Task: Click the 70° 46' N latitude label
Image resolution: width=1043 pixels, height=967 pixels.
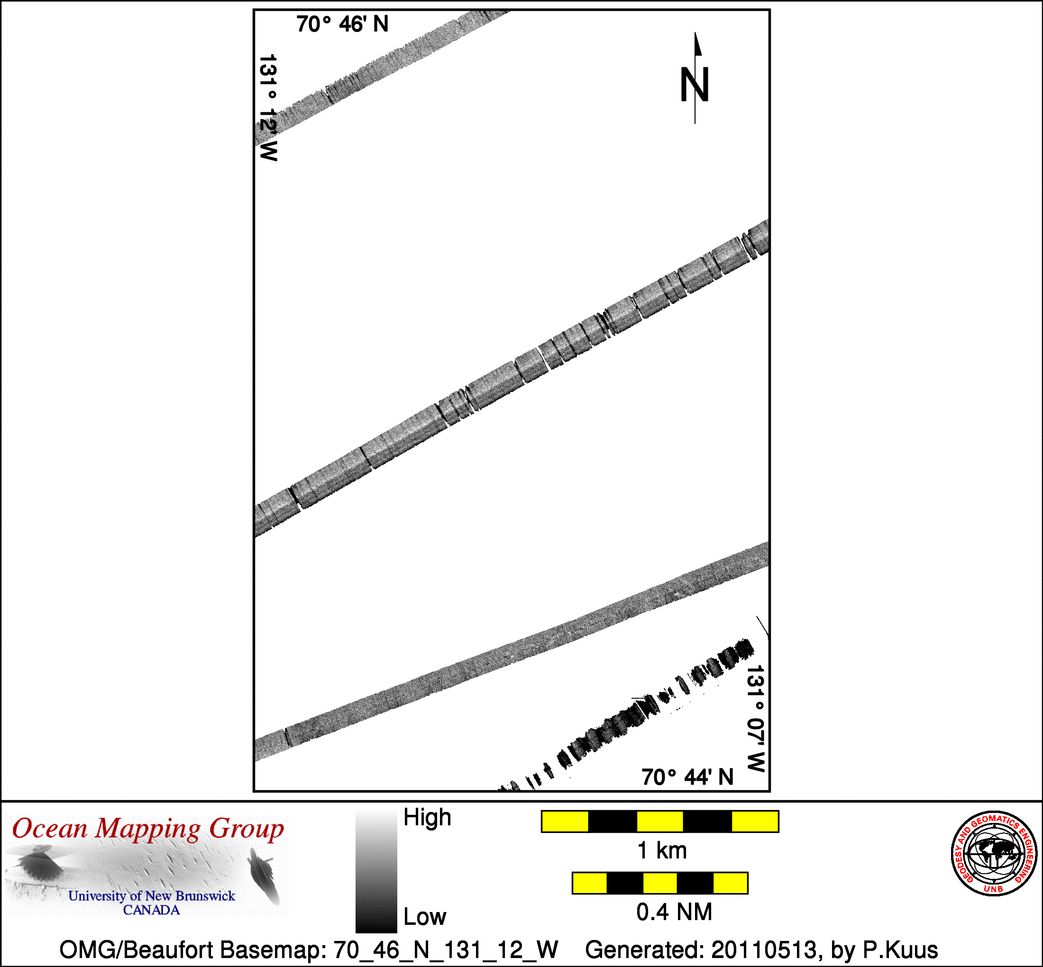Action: coord(342,24)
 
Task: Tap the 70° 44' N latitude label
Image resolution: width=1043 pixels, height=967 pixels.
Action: coord(687,777)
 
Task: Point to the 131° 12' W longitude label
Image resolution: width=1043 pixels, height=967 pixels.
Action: coord(268,107)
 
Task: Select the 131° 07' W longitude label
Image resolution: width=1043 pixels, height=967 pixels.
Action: coord(756,719)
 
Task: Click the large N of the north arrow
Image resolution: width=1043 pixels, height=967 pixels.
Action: coord(694,85)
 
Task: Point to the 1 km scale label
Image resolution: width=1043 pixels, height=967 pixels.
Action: coord(662,850)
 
